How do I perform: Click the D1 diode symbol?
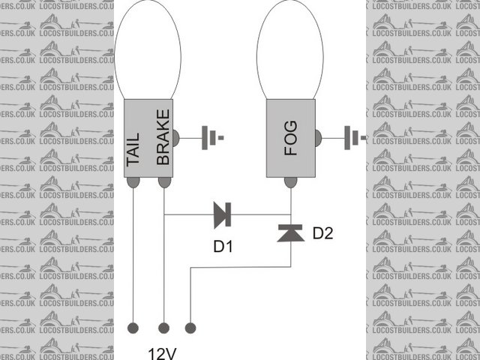[x=222, y=214]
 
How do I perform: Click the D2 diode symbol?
[x=291, y=233]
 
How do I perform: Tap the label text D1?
[x=223, y=245]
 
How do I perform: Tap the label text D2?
[x=322, y=233]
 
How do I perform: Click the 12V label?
[x=163, y=351]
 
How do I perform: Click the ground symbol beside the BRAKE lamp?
[x=211, y=138]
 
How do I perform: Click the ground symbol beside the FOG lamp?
[x=353, y=138]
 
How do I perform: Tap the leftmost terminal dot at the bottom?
[x=134, y=328]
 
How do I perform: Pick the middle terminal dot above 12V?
[x=163, y=328]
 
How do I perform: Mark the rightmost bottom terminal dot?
[x=191, y=328]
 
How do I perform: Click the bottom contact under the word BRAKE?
[x=163, y=182]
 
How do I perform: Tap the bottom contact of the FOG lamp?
[x=291, y=182]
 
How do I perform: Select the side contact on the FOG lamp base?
[x=318, y=138]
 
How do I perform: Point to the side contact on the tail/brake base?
[x=176, y=138]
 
